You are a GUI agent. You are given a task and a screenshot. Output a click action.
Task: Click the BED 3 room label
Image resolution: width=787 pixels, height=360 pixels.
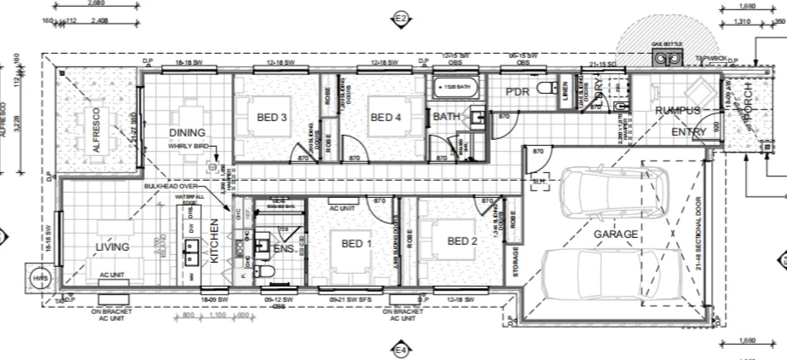point(271,118)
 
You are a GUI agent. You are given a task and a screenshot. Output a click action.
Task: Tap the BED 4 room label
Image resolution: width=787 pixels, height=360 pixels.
point(385,118)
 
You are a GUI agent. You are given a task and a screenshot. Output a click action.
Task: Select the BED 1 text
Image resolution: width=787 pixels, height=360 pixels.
point(356,243)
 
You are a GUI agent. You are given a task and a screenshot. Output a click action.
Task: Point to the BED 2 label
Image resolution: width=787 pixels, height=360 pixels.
point(463,241)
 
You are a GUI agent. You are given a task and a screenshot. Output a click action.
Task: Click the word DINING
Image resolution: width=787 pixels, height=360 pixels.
point(187,133)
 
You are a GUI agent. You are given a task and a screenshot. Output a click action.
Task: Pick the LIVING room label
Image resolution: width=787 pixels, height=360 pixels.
point(112,247)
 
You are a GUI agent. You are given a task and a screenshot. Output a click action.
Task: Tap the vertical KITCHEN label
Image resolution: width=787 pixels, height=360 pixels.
point(215,241)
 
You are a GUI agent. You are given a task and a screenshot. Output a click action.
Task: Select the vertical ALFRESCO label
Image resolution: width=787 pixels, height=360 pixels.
point(97,129)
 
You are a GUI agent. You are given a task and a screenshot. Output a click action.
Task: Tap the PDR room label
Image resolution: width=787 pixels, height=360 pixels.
point(518,92)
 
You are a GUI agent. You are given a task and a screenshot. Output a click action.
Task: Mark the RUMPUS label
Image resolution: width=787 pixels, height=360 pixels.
point(678,111)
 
